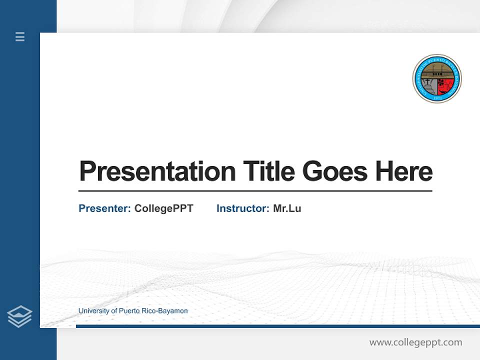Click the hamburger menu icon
pos(20,36)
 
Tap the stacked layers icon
pos(19,316)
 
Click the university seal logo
pos(437,78)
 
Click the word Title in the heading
pos(268,171)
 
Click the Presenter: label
pos(104,208)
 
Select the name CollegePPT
pos(163,208)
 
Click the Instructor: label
pos(242,208)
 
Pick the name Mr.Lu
pos(287,208)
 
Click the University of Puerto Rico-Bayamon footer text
pos(133,311)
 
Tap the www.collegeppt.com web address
pos(415,342)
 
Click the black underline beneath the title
pos(255,191)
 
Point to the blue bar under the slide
pos(277,326)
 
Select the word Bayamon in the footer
pos(173,311)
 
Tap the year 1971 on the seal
pos(437,98)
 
